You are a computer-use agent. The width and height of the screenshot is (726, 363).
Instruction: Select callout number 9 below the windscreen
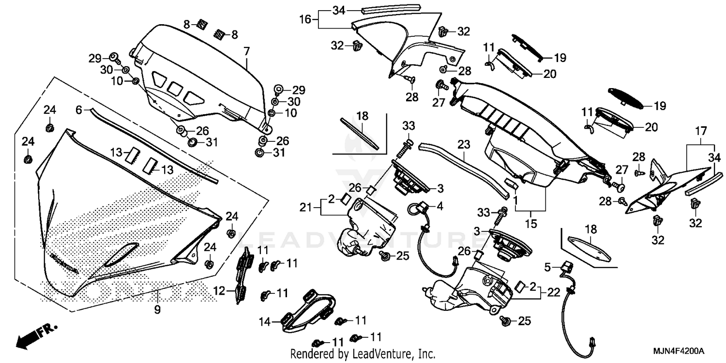click(157, 308)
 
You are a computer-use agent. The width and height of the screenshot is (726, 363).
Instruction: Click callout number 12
click(219, 291)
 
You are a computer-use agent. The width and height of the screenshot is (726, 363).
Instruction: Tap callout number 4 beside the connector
click(439, 206)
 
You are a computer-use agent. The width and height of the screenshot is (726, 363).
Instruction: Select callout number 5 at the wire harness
click(547, 266)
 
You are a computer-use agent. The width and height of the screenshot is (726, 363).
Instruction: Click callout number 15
click(530, 224)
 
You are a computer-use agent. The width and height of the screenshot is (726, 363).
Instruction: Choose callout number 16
click(304, 19)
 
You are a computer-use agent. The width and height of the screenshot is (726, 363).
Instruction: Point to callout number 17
click(701, 131)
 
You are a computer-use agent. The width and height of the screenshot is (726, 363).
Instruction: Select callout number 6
click(78, 110)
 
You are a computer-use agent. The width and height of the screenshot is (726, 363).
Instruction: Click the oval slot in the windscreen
click(121, 255)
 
